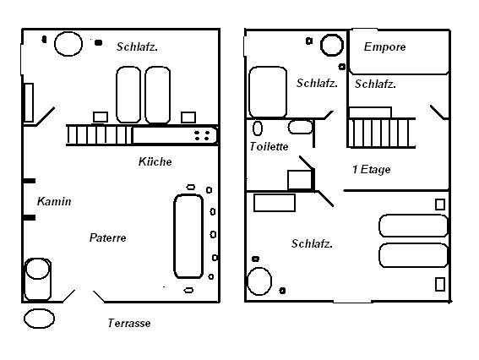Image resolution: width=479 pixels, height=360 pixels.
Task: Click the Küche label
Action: (x=155, y=161)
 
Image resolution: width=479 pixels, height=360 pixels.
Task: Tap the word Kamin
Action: (x=54, y=201)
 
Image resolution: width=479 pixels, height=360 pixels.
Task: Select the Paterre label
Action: (x=107, y=237)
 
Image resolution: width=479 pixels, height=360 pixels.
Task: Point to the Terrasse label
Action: (x=129, y=323)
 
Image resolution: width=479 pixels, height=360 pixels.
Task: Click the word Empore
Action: (x=384, y=46)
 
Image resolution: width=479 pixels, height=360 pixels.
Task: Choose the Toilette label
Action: (x=269, y=146)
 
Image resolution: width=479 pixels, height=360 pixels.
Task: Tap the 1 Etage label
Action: (x=371, y=170)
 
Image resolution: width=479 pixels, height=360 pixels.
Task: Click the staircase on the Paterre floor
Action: (x=100, y=135)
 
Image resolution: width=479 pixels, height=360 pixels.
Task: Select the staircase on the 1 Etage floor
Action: (x=381, y=133)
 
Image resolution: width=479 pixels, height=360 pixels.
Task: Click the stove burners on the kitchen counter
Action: (x=202, y=135)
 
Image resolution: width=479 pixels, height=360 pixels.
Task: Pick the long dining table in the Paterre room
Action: (x=188, y=237)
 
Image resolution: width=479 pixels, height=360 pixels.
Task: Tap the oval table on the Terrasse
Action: (x=39, y=319)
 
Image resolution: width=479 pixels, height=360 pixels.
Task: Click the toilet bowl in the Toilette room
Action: (x=258, y=128)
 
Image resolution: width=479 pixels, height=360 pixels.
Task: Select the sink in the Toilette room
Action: (x=300, y=127)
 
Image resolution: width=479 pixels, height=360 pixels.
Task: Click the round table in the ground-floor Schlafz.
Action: (x=68, y=44)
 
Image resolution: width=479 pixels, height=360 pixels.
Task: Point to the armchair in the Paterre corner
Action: (x=37, y=280)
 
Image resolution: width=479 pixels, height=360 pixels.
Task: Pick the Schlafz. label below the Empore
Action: (x=375, y=84)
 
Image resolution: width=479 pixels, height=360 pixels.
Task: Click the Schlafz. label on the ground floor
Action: (x=137, y=46)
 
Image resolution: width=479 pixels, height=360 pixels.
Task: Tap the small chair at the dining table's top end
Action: (x=191, y=187)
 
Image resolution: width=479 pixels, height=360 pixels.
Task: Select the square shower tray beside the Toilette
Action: (x=300, y=180)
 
